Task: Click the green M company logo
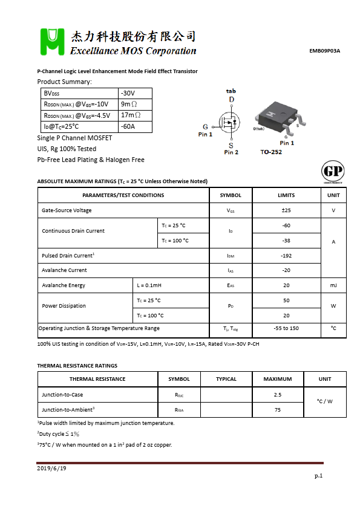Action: pos(51,41)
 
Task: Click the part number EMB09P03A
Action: pos(324,51)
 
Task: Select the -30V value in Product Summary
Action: pos(128,93)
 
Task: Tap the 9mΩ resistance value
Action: pos(130,104)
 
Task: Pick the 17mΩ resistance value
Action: pos(131,115)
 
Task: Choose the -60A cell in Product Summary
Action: pos(128,126)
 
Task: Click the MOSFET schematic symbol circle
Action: pos(230,123)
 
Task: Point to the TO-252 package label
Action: pos(272,152)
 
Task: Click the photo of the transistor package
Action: pos(275,118)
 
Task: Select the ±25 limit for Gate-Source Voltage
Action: pos(286,210)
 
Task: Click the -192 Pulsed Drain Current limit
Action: pos(286,256)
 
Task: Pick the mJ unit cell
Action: pos(333,285)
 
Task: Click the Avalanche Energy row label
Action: pos(64,285)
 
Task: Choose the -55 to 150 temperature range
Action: pos(286,328)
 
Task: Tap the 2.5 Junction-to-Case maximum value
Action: pos(278,395)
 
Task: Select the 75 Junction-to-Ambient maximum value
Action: pos(278,410)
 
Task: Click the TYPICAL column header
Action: pos(226,379)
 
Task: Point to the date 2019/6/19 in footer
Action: pos(51,468)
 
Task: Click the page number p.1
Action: pos(318,476)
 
